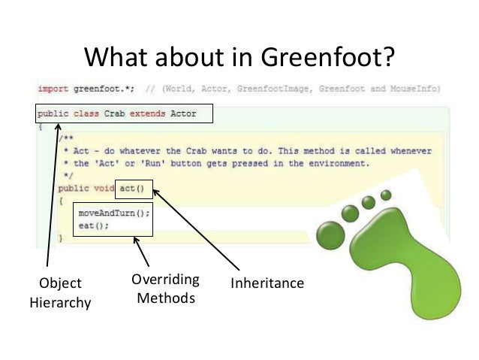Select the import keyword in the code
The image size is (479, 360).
53,89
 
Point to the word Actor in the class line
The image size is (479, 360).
185,114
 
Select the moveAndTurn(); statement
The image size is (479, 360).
114,213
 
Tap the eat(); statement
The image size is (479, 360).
93,225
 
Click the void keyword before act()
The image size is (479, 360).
104,188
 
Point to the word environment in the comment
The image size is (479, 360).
335,162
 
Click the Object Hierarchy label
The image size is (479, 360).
59,293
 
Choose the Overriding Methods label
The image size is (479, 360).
165,289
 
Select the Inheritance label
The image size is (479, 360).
267,283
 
